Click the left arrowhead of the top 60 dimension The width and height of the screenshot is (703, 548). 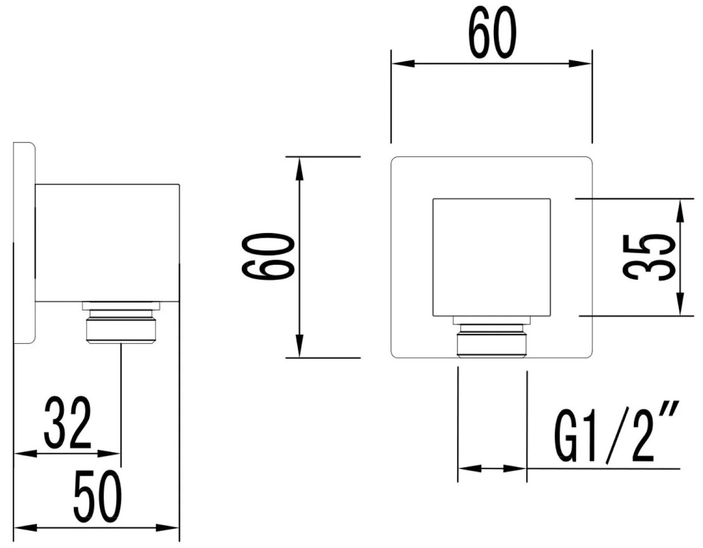click(403, 63)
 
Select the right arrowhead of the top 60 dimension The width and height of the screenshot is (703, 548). click(580, 63)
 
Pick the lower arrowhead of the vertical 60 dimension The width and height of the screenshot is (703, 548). click(300, 346)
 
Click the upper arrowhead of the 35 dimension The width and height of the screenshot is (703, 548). click(681, 211)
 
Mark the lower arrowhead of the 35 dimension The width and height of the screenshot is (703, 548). click(681, 304)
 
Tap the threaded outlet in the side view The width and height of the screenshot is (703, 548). click(121, 322)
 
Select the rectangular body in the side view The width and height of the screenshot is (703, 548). click(107, 243)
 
